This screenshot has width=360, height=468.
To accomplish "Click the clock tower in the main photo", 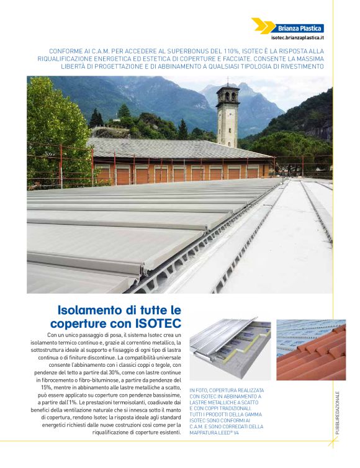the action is [228, 114].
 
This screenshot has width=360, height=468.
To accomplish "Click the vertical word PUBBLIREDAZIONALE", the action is [337, 415].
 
